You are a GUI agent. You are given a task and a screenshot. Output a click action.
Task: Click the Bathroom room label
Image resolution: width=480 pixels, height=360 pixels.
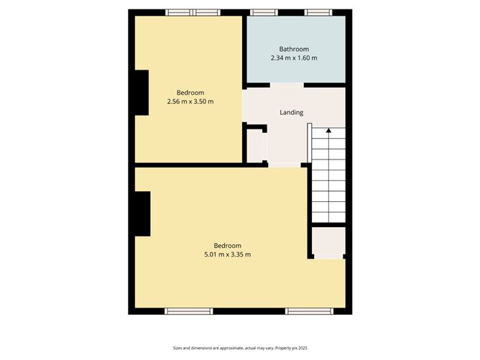(294, 49)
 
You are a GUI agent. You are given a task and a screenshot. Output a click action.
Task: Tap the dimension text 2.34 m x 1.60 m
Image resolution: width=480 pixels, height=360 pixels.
(294, 57)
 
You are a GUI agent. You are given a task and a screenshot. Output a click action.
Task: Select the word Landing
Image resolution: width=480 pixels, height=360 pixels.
(291, 112)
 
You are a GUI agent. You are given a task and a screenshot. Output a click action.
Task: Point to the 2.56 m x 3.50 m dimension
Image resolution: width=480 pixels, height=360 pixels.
(190, 101)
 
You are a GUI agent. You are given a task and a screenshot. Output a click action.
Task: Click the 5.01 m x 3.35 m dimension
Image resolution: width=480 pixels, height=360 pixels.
(226, 254)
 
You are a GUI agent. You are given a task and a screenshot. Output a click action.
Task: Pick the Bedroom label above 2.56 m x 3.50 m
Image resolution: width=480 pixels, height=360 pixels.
(190, 93)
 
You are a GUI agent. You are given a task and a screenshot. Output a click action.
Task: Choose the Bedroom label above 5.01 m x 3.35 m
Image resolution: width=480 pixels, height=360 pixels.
(226, 245)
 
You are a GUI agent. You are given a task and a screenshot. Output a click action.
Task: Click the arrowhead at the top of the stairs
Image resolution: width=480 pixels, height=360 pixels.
(328, 131)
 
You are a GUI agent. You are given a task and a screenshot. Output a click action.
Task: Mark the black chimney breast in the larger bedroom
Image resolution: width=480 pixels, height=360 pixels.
(142, 213)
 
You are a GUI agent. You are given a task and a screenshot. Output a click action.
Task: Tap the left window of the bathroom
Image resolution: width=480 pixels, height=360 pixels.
(264, 12)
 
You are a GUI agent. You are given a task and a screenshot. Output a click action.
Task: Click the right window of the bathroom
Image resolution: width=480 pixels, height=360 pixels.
(316, 12)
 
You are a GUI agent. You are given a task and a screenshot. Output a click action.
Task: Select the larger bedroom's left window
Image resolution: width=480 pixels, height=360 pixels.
(189, 311)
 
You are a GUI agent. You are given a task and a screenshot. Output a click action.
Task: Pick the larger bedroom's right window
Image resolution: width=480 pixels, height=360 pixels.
(309, 311)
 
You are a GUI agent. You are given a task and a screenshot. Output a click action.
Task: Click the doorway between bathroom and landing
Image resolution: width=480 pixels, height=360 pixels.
(287, 85)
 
